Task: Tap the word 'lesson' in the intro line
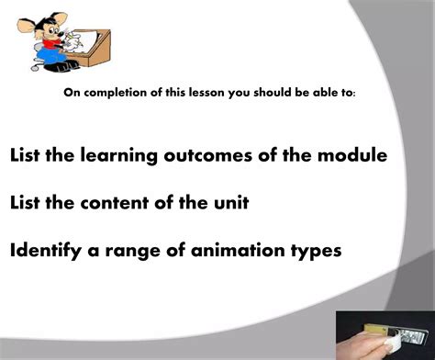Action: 195,93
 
